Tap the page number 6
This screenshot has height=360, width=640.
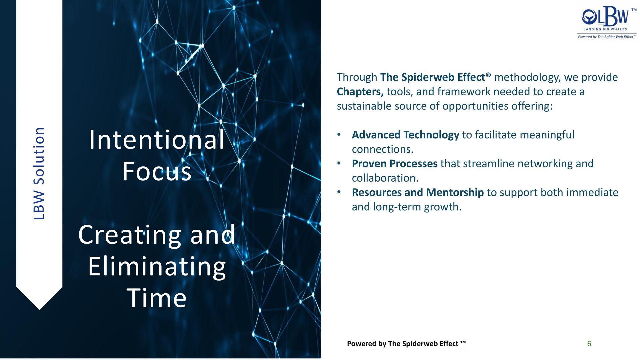coord(589,344)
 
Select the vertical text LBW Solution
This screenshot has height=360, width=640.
coord(39,173)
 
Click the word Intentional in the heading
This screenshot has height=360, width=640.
coord(157,140)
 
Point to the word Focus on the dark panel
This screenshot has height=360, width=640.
coord(157,171)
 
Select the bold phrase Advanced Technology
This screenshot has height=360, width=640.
coord(405,135)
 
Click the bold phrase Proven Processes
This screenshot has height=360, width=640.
coord(395,164)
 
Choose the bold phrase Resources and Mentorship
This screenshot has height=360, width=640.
coord(418,192)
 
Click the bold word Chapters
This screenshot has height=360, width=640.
coord(360,92)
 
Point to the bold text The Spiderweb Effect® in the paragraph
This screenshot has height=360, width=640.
coord(435,77)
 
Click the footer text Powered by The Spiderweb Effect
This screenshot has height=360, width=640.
coord(406,344)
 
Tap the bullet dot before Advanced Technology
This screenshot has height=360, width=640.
coord(339,135)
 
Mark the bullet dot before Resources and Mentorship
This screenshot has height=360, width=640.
coord(339,192)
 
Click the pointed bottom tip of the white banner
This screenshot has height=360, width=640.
coord(39,309)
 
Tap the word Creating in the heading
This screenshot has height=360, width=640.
coord(129,235)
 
